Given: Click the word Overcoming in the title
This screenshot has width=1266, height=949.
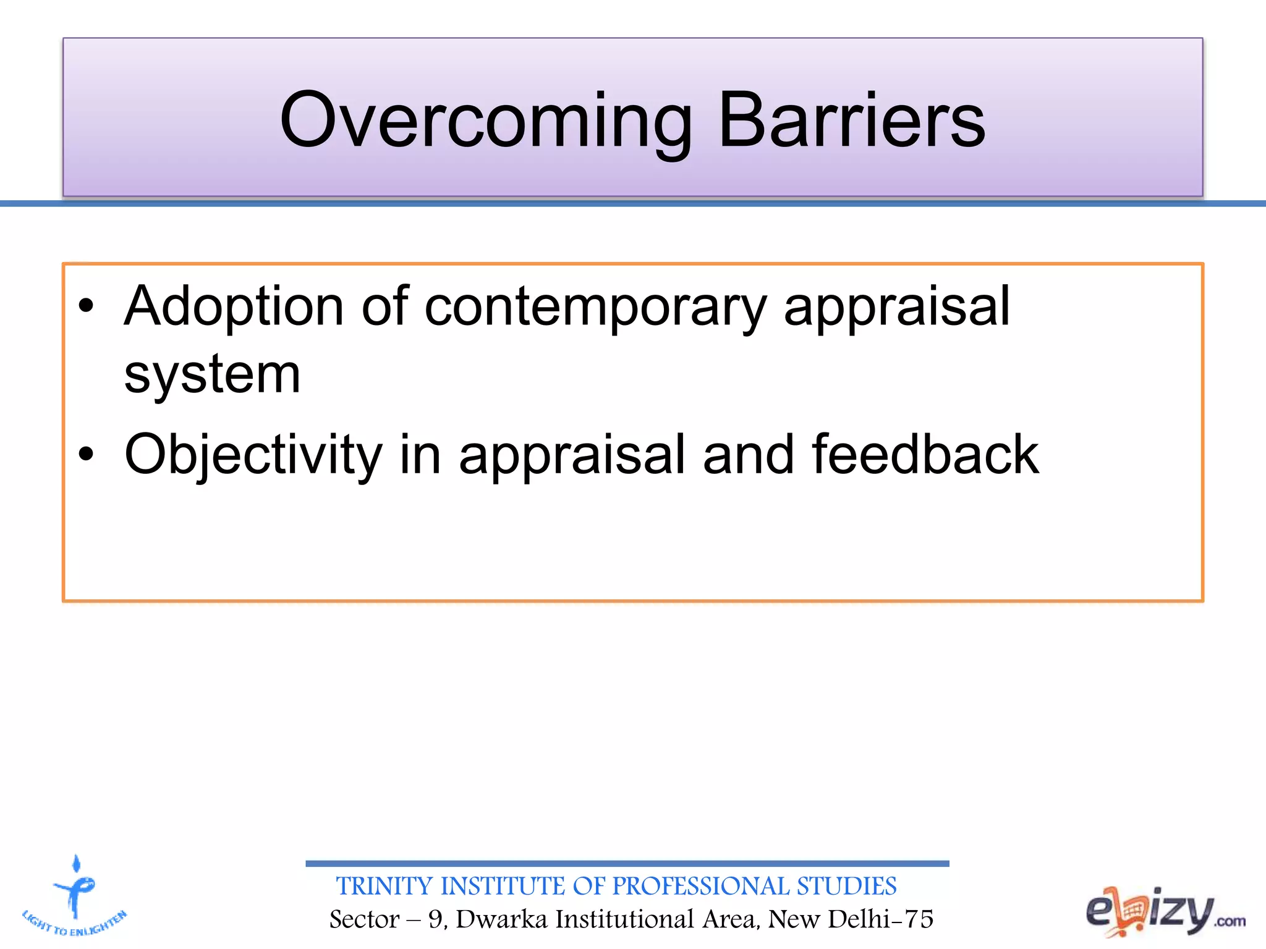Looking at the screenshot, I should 486,120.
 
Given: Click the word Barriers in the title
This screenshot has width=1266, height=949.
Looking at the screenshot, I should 851,120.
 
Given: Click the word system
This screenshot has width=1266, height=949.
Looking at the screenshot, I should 212,374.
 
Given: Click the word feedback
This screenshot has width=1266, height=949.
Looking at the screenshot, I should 925,454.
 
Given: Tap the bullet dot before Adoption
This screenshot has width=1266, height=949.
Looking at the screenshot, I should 86,306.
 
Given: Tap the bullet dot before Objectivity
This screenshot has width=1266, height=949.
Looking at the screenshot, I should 86,455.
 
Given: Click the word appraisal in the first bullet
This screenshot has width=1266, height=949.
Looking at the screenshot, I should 896,307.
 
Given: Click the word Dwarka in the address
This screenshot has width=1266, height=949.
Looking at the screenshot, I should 501,919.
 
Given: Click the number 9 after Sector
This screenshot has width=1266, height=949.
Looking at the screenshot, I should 435,919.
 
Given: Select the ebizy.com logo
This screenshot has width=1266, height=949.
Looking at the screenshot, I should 1165,911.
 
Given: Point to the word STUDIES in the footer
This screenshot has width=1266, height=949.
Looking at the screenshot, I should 846,886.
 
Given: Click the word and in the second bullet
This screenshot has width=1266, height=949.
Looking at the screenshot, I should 748,454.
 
